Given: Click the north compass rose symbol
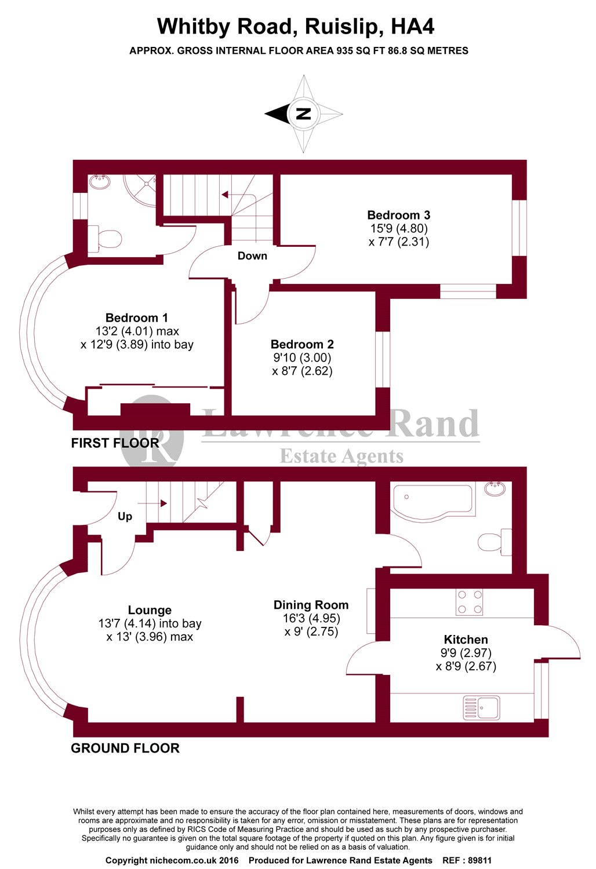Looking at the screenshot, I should point(303,114).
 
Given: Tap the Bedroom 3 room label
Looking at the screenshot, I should point(398,216).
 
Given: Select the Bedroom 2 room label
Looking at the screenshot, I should point(302,345).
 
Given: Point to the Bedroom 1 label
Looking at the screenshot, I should point(137,318).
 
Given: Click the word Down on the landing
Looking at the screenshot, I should point(252,256).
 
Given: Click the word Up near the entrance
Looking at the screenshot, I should point(125,516).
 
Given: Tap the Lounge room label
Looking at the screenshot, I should point(150,611).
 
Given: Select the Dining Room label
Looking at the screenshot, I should point(311,605).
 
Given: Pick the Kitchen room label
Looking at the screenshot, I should point(466,640).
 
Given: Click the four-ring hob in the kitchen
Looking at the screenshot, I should point(469,602).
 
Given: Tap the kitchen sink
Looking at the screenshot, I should point(481,707).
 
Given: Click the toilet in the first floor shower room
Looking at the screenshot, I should point(106,239).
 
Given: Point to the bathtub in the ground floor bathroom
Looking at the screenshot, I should point(432,501).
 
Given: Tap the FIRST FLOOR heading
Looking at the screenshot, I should point(115,443).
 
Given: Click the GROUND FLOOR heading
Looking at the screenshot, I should point(125,748).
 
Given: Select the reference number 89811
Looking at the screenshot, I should point(478,860).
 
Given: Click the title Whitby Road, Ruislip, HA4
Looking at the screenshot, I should point(296,27).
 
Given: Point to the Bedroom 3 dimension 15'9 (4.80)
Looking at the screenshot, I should point(399,229).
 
